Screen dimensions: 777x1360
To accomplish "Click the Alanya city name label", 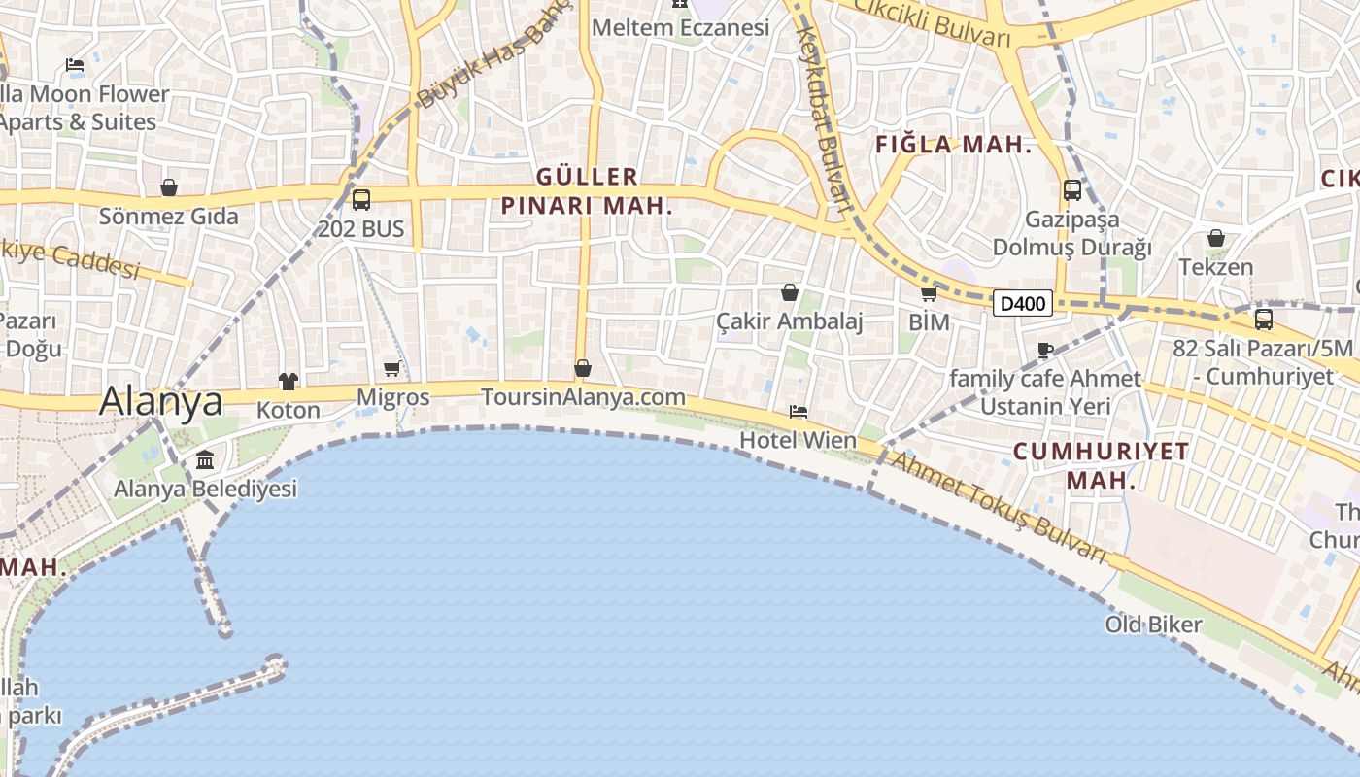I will [x=161, y=400].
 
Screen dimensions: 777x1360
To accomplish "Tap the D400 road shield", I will [x=1023, y=304].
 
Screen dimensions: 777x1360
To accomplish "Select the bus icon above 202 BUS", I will [x=360, y=200].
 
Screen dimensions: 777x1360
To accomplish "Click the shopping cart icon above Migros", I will [x=392, y=368].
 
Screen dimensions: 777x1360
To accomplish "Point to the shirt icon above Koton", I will [x=289, y=381].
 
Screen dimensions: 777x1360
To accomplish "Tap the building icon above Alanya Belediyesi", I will [x=205, y=459].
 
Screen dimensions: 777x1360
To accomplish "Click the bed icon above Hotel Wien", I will [x=799, y=412].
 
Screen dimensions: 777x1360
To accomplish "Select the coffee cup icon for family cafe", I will [x=1045, y=350].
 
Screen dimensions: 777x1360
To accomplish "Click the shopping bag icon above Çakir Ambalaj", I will [x=790, y=291].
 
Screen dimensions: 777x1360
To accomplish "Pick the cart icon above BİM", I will [x=929, y=293].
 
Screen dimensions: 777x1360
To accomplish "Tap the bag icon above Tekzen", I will [x=1215, y=238].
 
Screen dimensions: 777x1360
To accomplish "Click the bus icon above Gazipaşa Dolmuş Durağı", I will [x=1072, y=190].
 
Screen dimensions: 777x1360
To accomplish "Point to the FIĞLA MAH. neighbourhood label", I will [x=952, y=146].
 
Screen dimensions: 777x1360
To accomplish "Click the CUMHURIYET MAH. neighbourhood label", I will [x=1102, y=465].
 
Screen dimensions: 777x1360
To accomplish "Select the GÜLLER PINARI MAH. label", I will [x=587, y=190].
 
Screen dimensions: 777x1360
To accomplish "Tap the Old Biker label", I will [x=1153, y=625].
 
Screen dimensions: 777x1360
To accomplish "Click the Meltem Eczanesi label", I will [x=680, y=27].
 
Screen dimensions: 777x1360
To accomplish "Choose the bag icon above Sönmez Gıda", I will [x=169, y=187].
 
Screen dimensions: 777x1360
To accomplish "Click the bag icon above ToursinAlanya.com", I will [x=583, y=368].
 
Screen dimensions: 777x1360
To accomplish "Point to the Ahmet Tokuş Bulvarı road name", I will [x=999, y=508].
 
